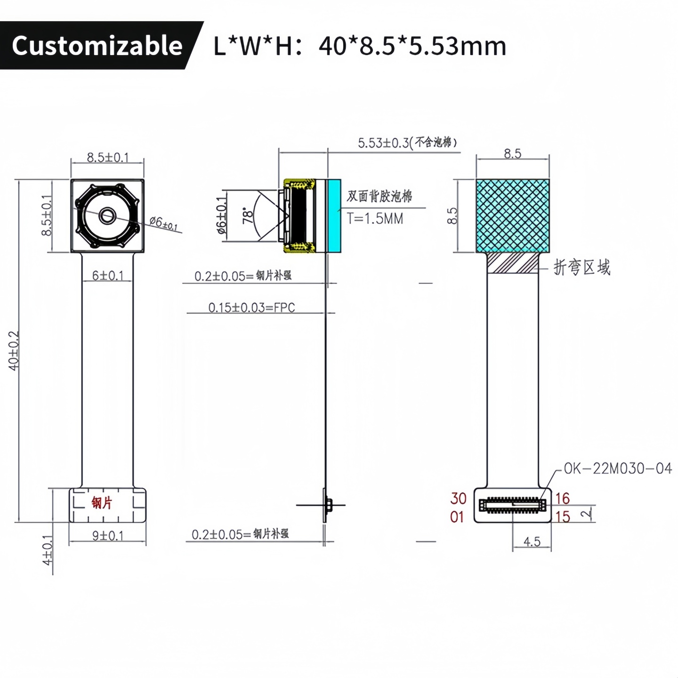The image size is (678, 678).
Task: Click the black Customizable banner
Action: (97, 46)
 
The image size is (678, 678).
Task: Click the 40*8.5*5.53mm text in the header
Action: (412, 46)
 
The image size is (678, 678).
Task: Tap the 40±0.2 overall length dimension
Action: (14, 350)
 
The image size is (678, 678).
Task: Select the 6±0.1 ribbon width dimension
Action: (108, 275)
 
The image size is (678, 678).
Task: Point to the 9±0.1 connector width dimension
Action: (108, 536)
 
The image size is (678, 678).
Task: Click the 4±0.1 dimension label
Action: (48, 550)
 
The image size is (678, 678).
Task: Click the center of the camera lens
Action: (108, 216)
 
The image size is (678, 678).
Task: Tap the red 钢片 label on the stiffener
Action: (102, 503)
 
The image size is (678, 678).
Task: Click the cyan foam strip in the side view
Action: (334, 216)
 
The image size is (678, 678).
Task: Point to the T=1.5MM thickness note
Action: (375, 219)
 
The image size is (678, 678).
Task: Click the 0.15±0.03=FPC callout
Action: (251, 308)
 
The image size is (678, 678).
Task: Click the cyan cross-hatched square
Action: (513, 216)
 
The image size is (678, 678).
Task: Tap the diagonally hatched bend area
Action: (513, 263)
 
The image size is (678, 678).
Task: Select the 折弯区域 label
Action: (582, 267)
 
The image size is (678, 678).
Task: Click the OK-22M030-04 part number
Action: (618, 468)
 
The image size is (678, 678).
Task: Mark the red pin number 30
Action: (458, 498)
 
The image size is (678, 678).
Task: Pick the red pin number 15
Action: (563, 517)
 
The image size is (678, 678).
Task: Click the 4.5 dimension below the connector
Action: (532, 542)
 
